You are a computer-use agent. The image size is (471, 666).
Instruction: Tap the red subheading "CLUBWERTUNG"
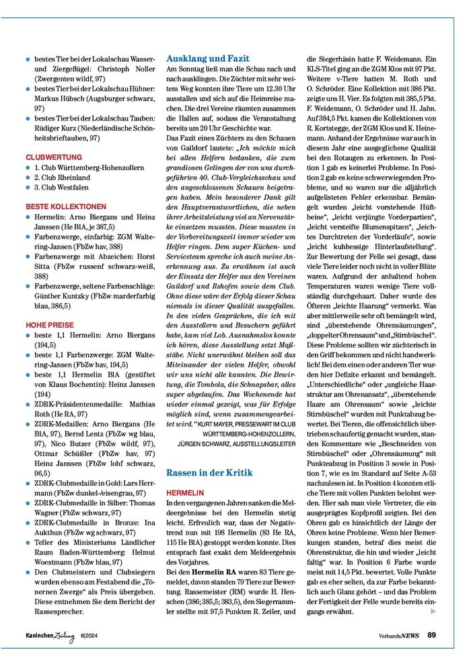[x=54, y=157]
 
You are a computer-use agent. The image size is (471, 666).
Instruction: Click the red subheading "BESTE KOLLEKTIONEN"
[x=66, y=207]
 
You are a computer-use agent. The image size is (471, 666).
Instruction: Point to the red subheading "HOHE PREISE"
[x=50, y=325]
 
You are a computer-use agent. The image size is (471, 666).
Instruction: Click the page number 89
[x=431, y=634]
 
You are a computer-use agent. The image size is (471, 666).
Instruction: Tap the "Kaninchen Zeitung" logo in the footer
[x=50, y=635]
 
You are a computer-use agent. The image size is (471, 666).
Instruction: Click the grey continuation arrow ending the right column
[x=433, y=611]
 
